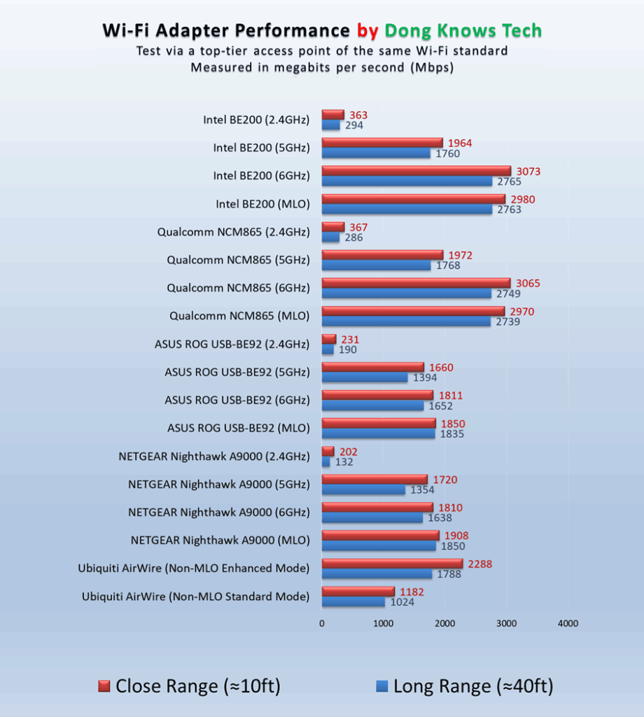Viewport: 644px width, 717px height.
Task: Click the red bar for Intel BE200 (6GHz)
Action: [416, 171]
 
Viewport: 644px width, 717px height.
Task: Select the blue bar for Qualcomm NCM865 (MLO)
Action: [406, 321]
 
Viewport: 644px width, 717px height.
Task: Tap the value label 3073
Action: [528, 172]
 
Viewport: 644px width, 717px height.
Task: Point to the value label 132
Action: [343, 462]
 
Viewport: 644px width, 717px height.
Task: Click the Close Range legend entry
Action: [189, 686]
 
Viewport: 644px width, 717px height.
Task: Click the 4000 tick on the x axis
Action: [568, 623]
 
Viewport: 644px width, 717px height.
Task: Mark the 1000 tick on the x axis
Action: [384, 623]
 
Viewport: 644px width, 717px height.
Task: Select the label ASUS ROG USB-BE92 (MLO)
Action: [238, 428]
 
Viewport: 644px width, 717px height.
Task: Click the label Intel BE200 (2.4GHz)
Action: [256, 120]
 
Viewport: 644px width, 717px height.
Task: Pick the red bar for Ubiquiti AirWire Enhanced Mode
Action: [392, 563]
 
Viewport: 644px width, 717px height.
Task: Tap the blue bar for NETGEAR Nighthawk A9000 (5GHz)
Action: [363, 489]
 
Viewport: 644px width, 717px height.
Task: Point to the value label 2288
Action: [479, 564]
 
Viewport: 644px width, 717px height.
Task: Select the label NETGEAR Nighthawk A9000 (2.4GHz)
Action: [214, 456]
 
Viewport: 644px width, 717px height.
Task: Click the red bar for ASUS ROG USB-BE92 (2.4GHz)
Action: [329, 339]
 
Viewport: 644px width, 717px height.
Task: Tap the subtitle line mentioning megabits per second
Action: [322, 68]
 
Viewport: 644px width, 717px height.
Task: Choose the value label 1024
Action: [402, 602]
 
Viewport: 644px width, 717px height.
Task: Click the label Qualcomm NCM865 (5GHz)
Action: [238, 260]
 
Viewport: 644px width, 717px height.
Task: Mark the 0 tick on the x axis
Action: [322, 623]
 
